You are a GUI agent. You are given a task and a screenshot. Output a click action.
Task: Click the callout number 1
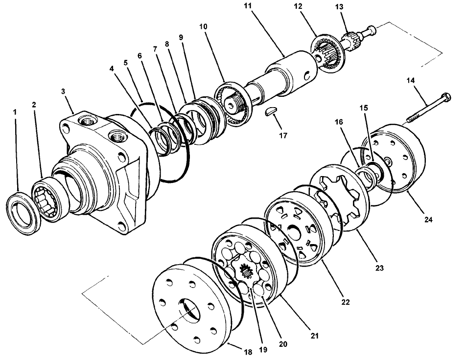(15, 112)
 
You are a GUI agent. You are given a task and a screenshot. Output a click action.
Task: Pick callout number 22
(346, 303)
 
